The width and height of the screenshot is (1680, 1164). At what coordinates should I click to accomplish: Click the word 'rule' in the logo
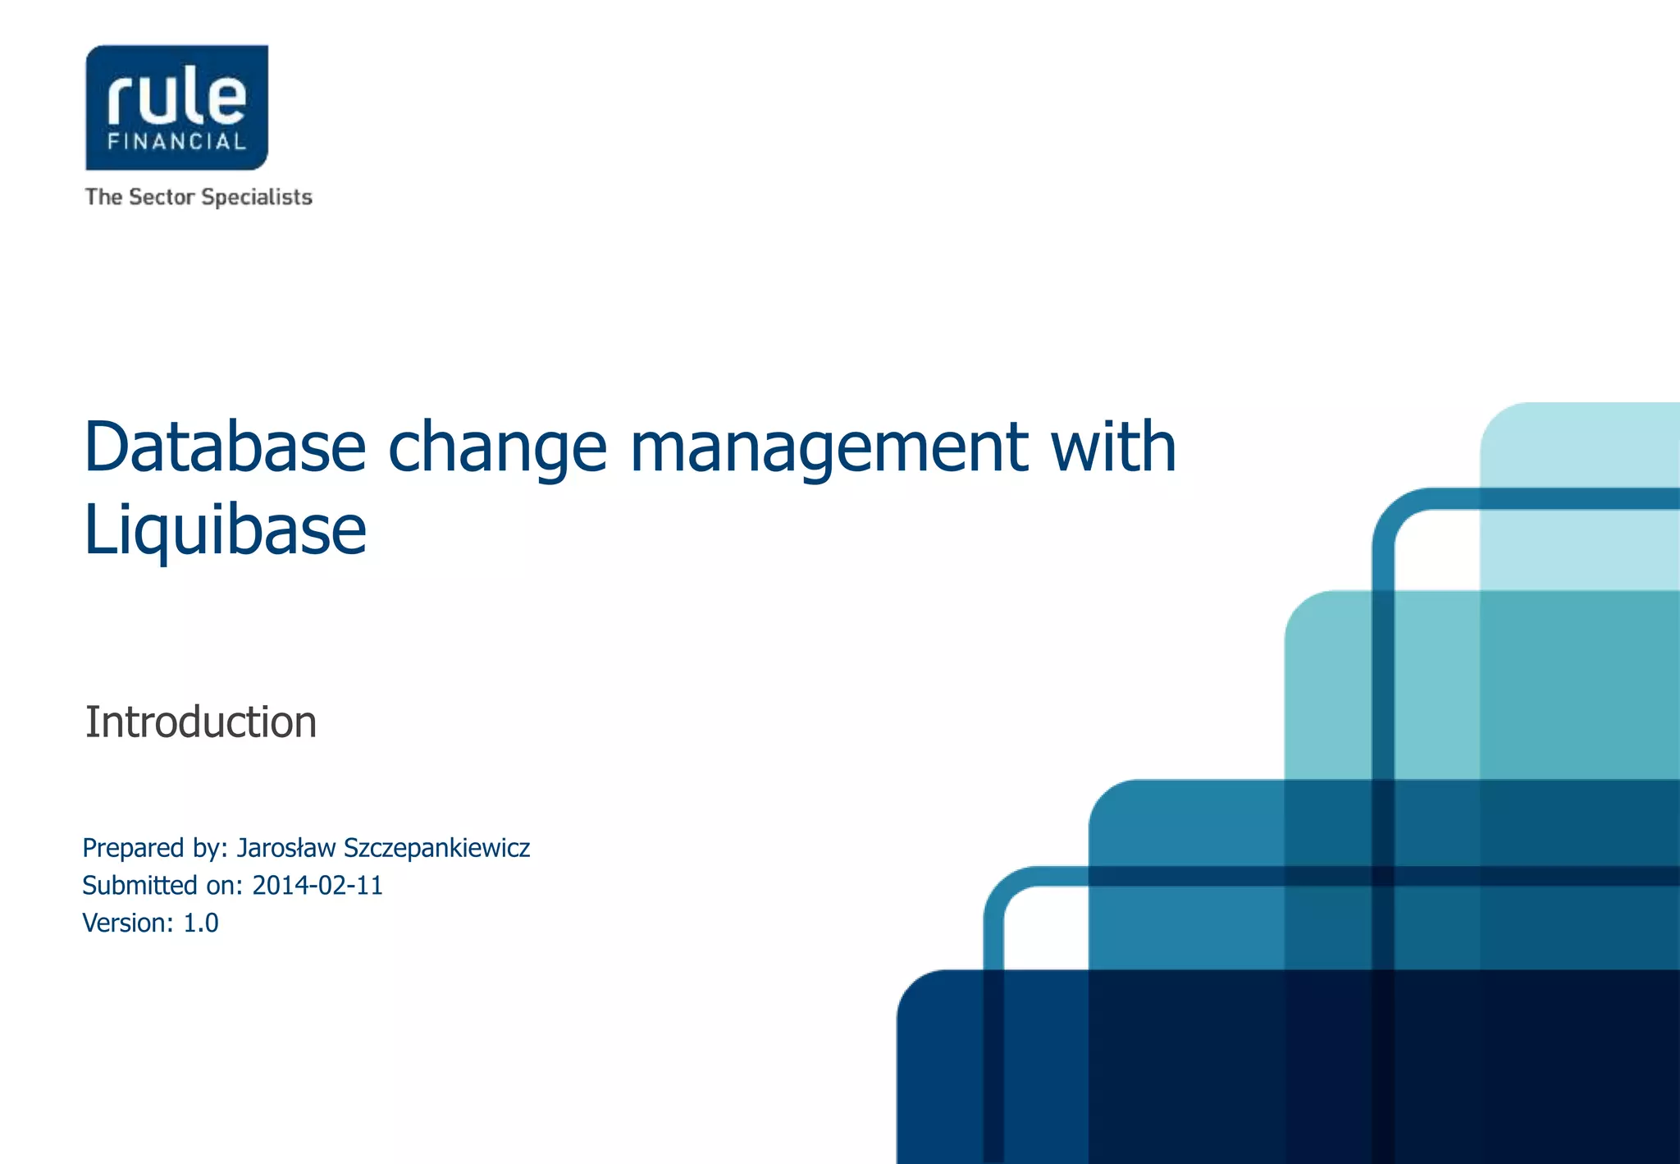(x=176, y=97)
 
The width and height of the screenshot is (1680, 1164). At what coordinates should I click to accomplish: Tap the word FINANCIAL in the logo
(x=176, y=141)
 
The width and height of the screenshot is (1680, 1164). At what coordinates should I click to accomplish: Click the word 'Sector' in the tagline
(x=162, y=197)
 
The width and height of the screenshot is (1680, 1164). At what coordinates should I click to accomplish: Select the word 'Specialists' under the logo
(x=257, y=197)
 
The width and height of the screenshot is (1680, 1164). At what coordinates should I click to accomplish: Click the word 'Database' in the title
(x=225, y=447)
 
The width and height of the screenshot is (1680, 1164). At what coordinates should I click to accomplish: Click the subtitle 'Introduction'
(x=201, y=722)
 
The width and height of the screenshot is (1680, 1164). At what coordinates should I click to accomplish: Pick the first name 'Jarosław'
(x=286, y=847)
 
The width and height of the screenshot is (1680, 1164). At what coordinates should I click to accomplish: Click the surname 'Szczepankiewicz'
(x=436, y=849)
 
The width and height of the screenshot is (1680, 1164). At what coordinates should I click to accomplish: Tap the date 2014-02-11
(x=317, y=885)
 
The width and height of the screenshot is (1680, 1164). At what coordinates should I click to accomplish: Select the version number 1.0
(x=200, y=923)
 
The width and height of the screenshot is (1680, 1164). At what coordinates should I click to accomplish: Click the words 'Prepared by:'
(x=155, y=848)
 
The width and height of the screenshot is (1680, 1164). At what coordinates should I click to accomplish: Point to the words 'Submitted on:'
(x=162, y=885)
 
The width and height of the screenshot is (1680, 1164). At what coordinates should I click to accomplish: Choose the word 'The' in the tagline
(x=103, y=197)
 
